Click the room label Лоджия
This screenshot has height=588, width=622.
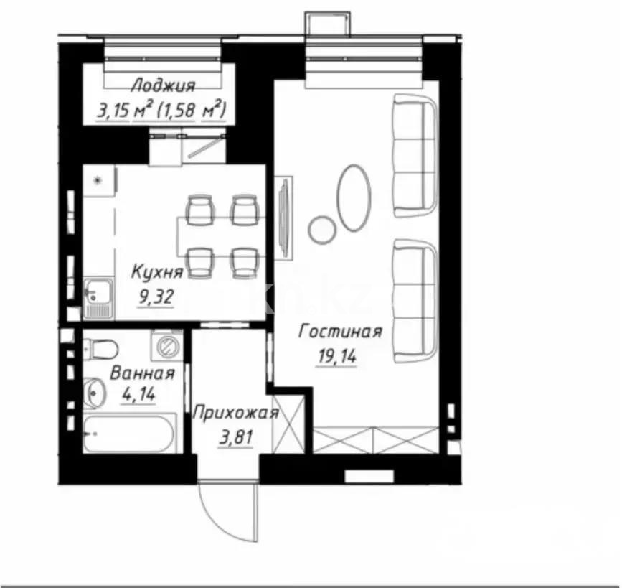click(x=163, y=87)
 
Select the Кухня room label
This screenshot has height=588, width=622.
click(x=156, y=271)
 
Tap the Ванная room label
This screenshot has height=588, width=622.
click(x=142, y=373)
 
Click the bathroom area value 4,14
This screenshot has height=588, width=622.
click(x=139, y=394)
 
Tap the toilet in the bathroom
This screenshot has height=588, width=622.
click(x=100, y=349)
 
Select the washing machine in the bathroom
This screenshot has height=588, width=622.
click(x=166, y=345)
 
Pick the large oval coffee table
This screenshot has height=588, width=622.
click(x=354, y=197)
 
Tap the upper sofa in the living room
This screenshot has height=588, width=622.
click(x=415, y=157)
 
